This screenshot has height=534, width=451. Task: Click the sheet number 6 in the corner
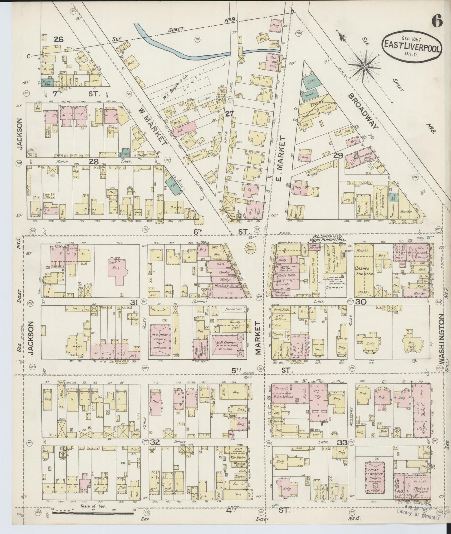click(x=437, y=22)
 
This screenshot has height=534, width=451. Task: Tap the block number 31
click(x=134, y=302)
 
